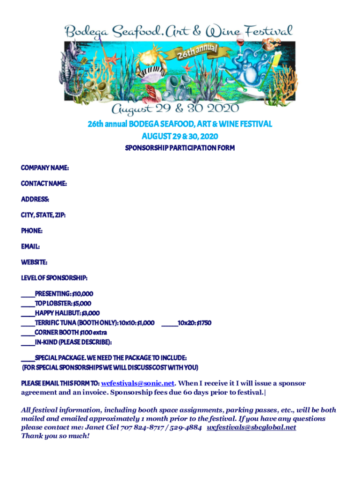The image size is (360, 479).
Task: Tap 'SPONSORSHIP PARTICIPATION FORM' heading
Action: click(180, 148)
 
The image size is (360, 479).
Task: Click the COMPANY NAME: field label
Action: click(45, 167)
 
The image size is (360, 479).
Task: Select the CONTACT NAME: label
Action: click(43, 183)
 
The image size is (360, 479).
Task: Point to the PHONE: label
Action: click(32, 231)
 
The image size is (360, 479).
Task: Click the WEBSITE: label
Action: click(34, 262)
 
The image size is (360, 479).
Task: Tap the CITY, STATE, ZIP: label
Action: click(43, 215)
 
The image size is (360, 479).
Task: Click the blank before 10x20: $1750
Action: click(169, 323)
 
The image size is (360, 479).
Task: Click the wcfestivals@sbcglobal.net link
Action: click(252, 428)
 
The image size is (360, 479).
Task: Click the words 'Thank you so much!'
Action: click(55, 436)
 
